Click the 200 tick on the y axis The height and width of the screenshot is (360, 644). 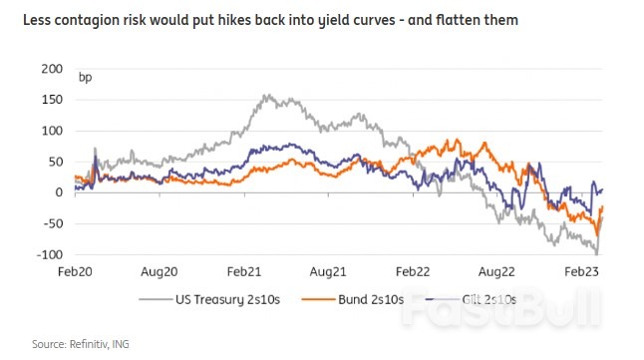[x=50, y=69]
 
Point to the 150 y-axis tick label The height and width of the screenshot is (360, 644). [x=50, y=100]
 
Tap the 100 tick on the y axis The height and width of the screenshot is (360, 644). [x=50, y=131]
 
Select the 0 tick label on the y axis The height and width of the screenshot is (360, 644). [x=58, y=192]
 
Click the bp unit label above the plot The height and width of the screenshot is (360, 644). [x=85, y=78]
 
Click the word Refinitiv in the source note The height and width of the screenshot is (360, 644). [x=89, y=343]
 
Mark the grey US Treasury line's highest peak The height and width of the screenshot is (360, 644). [x=266, y=96]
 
